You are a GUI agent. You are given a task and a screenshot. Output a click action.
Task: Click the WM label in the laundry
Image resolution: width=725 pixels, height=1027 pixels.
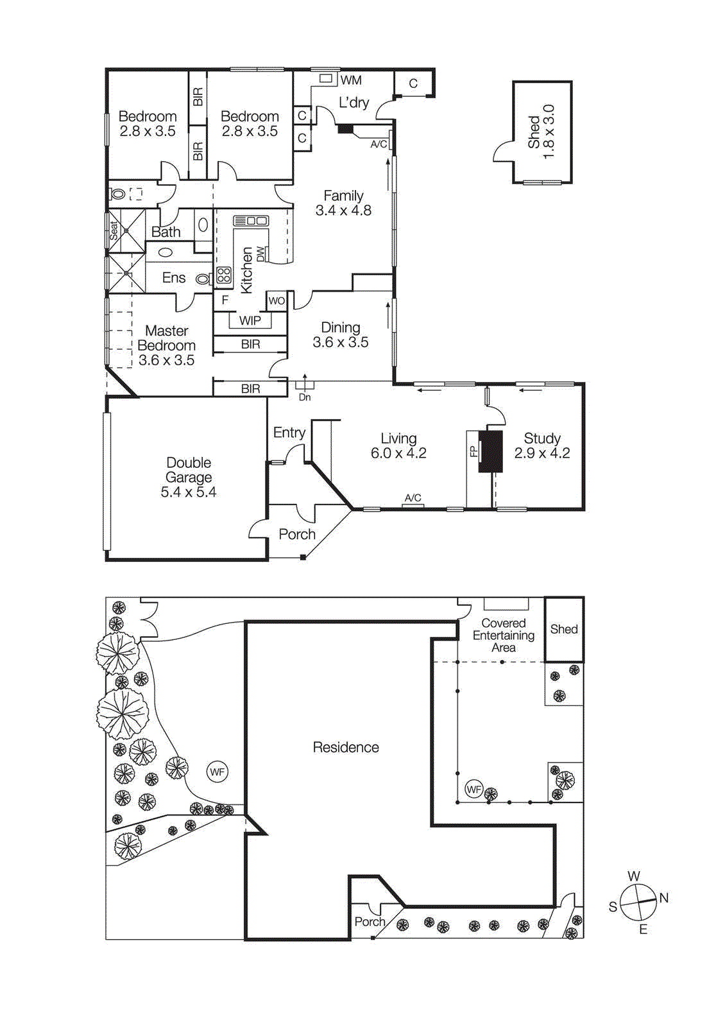pyautogui.click(x=351, y=80)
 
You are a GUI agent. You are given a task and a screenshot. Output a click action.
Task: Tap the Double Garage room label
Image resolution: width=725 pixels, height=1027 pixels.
pyautogui.click(x=188, y=477)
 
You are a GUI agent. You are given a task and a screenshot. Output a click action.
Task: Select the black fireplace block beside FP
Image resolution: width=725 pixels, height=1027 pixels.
pyautogui.click(x=491, y=451)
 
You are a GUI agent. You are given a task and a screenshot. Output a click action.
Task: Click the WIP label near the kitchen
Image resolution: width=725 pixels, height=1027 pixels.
pyautogui.click(x=250, y=320)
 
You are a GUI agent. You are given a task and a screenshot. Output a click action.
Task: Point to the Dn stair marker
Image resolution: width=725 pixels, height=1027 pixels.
pyautogui.click(x=305, y=397)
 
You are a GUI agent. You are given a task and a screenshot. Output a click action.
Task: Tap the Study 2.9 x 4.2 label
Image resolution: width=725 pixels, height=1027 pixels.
pyautogui.click(x=542, y=445)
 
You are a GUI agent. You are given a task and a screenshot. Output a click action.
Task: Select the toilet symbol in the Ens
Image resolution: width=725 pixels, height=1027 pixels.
pyautogui.click(x=202, y=279)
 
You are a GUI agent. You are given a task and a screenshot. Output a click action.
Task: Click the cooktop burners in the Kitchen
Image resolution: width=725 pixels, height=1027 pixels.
pyautogui.click(x=223, y=275)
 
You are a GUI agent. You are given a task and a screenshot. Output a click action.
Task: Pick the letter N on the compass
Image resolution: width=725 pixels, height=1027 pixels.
pyautogui.click(x=664, y=898)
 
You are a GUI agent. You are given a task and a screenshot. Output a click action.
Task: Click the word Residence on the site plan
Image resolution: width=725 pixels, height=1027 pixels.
pyautogui.click(x=346, y=747)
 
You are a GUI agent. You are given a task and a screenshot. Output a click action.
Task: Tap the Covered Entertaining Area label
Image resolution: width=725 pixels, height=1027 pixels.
pyautogui.click(x=504, y=635)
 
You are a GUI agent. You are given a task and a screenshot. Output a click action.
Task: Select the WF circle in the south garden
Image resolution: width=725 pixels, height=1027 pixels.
pyautogui.click(x=217, y=772)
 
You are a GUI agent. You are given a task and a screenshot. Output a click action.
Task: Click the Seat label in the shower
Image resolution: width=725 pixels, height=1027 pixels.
pyautogui.click(x=114, y=230)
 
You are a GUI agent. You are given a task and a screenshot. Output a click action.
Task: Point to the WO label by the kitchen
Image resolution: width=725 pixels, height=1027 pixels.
pyautogui.click(x=277, y=300)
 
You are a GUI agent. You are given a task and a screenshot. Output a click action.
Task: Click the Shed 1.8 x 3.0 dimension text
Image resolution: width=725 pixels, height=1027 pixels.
pyautogui.click(x=549, y=132)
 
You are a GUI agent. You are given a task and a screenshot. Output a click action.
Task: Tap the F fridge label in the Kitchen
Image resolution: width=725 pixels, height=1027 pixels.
pyautogui.click(x=225, y=300)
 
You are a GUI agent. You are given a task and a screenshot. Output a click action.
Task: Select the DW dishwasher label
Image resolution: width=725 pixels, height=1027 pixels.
pyautogui.click(x=260, y=254)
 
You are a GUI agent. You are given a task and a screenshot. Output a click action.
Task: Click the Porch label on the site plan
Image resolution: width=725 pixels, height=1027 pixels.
pyautogui.click(x=370, y=922)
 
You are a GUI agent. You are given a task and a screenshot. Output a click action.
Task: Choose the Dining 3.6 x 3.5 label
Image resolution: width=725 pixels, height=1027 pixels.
pyautogui.click(x=341, y=335)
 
